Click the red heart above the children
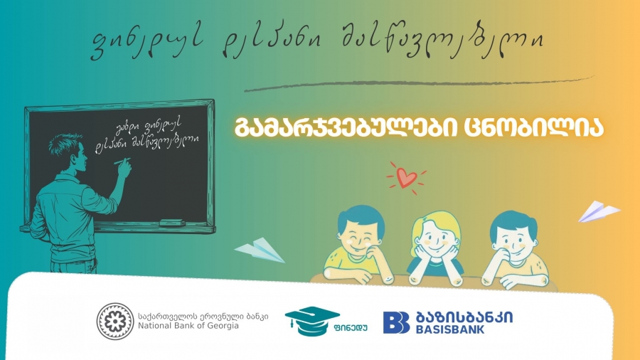(406, 179)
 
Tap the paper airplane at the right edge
(598, 211)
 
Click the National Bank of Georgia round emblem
(114, 322)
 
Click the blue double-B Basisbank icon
(396, 322)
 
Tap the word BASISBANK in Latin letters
(462, 329)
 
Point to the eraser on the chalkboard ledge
(172, 223)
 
